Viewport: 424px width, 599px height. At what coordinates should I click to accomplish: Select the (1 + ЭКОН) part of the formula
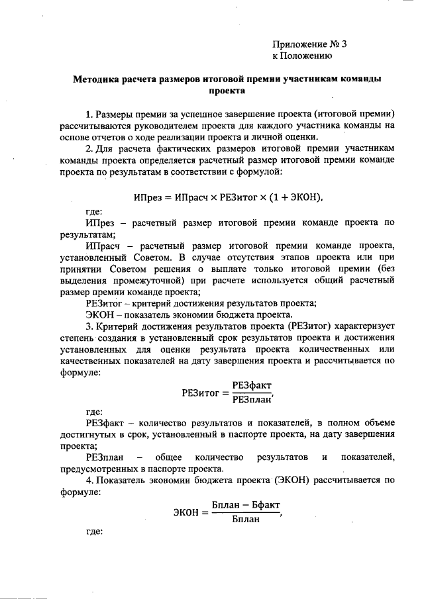point(297,197)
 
